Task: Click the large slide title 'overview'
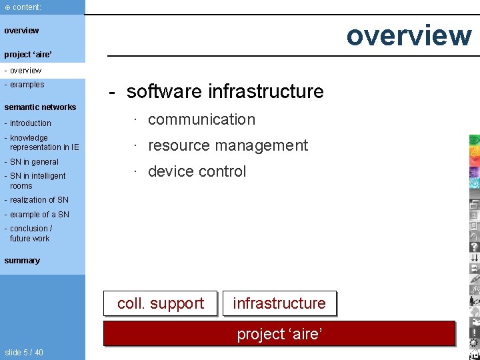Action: (408, 35)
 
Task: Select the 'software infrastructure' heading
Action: (225, 91)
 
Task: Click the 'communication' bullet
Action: (201, 119)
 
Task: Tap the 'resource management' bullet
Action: (227, 145)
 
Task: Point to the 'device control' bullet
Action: (197, 171)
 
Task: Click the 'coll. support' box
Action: (161, 303)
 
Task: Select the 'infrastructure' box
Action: (279, 303)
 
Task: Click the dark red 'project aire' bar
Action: (279, 333)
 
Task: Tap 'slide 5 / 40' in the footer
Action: (23, 352)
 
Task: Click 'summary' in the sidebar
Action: (22, 261)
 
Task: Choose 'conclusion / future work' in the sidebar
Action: (30, 233)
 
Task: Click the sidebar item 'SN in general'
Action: (33, 162)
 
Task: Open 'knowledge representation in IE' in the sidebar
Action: (43, 143)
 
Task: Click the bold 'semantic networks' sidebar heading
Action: (40, 107)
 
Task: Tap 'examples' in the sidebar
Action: (26, 85)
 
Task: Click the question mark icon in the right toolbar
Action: (474, 246)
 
